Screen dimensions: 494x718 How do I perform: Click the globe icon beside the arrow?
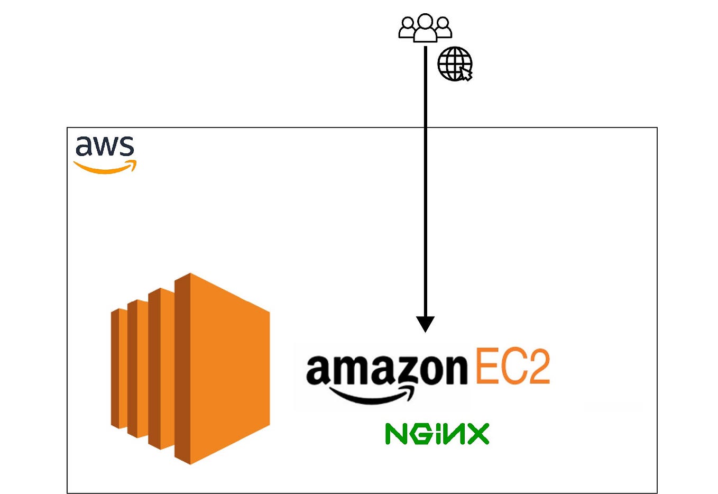click(x=454, y=63)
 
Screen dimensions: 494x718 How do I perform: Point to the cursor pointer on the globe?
click(x=466, y=74)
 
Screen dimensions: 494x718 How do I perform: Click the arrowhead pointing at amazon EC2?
click(x=425, y=323)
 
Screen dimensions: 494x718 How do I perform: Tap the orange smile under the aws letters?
click(x=105, y=168)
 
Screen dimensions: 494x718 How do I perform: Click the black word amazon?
click(x=386, y=370)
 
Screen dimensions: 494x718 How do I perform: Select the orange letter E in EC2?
click(x=486, y=366)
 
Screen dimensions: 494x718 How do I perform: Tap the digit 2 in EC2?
click(x=538, y=366)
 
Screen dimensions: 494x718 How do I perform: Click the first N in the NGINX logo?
click(x=397, y=434)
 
